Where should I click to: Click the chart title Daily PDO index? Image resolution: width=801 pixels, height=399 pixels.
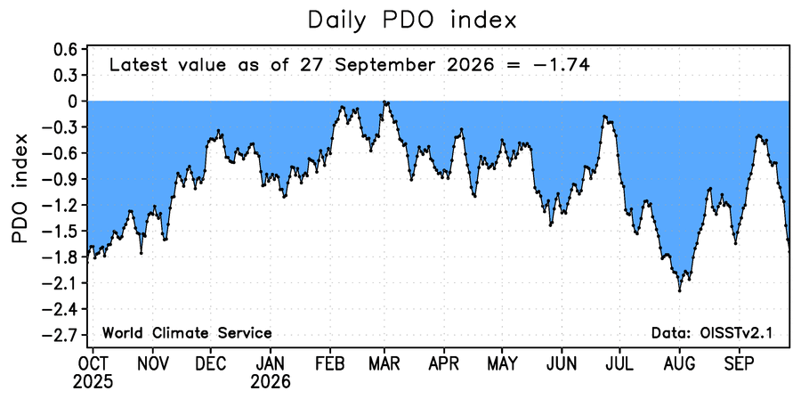point(412,20)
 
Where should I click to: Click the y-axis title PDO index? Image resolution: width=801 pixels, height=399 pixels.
point(21,189)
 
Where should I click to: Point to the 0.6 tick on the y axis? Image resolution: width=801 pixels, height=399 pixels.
point(64,50)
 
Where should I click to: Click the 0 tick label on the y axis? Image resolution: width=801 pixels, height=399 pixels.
point(71,102)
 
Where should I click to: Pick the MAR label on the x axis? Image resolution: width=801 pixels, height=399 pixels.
point(384,364)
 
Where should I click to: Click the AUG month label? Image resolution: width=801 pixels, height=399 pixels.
point(679,364)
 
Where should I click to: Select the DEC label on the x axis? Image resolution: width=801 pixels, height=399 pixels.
point(210,364)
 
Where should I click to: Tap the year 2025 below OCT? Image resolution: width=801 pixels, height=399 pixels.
point(93,381)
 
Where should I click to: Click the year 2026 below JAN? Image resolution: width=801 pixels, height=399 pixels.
point(271,381)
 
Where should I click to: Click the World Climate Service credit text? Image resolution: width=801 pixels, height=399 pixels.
point(187,334)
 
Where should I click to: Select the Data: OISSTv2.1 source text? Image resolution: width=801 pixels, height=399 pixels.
point(712,334)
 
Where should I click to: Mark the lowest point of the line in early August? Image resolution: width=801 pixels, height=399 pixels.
point(679,290)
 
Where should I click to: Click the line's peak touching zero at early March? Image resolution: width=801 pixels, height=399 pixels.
point(384,102)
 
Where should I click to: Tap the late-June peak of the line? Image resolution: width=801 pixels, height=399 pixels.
point(604,117)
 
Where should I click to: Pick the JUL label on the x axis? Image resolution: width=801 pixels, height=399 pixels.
point(619,364)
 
